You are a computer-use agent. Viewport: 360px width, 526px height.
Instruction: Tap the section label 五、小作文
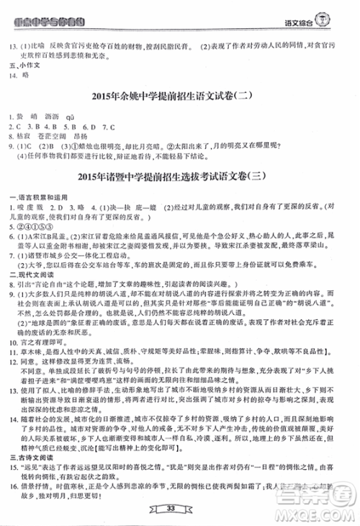tap(15, 66)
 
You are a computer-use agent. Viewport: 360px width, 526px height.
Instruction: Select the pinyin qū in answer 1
tap(71, 115)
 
